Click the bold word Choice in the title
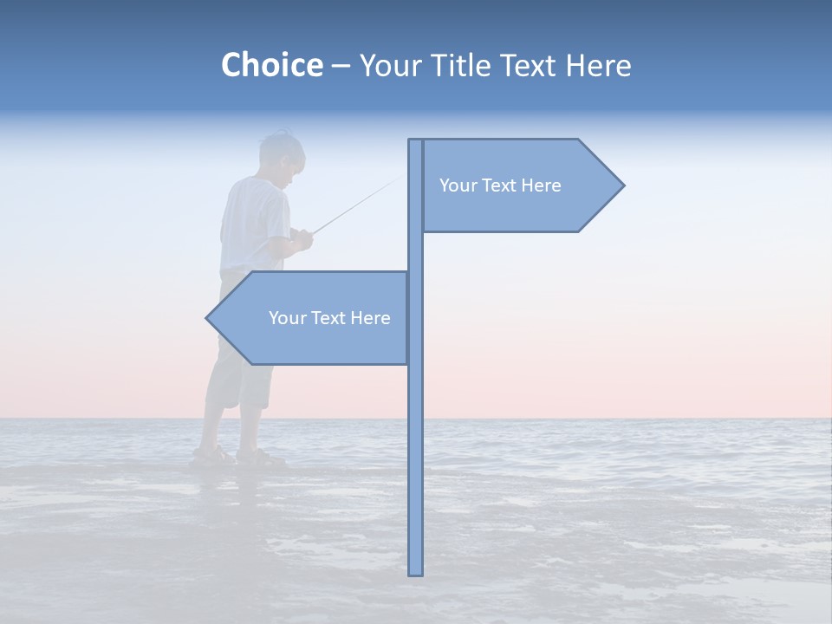tap(271, 65)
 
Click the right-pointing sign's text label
tap(500, 185)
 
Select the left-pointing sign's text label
tap(329, 318)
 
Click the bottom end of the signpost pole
tap(416, 572)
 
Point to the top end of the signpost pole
tap(416, 142)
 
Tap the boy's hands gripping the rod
tap(301, 238)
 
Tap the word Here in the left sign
tap(370, 318)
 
